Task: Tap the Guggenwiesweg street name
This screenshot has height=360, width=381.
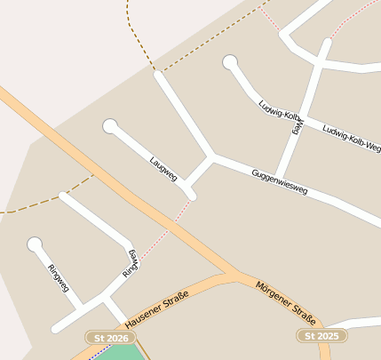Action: pyautogui.click(x=279, y=181)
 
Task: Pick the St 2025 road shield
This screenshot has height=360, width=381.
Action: pyautogui.click(x=321, y=336)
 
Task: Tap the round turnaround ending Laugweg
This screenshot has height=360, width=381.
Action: pyautogui.click(x=110, y=126)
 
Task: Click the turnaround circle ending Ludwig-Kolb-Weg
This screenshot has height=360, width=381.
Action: pyautogui.click(x=231, y=62)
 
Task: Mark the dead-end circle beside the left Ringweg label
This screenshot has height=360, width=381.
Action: pyautogui.click(x=35, y=244)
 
